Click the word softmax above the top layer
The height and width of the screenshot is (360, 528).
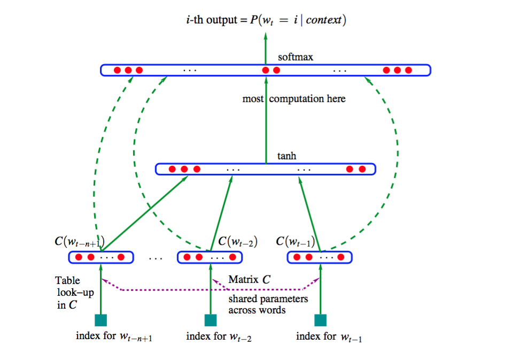click(x=296, y=57)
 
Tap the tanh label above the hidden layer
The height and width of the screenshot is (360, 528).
click(x=287, y=156)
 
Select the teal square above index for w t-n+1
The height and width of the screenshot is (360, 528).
click(x=100, y=320)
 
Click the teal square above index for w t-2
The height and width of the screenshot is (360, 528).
click(x=211, y=320)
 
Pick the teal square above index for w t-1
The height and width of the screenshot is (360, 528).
click(x=320, y=320)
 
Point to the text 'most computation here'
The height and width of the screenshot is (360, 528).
click(x=294, y=99)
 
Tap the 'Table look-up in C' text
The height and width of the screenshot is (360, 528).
click(x=68, y=293)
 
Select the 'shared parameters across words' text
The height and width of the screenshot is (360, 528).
click(x=268, y=304)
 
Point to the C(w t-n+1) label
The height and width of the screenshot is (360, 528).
click(x=79, y=241)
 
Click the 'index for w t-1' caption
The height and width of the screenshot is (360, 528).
click(x=329, y=337)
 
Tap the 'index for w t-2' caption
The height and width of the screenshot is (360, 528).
click(x=219, y=337)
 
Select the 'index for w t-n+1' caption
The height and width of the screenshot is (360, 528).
click(x=114, y=337)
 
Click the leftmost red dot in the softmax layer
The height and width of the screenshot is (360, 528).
click(x=117, y=70)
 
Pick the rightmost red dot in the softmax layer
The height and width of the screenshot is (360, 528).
click(x=408, y=70)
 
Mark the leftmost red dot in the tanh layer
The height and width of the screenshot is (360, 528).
click(x=172, y=169)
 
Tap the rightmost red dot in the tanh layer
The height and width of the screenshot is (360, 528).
click(x=362, y=169)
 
